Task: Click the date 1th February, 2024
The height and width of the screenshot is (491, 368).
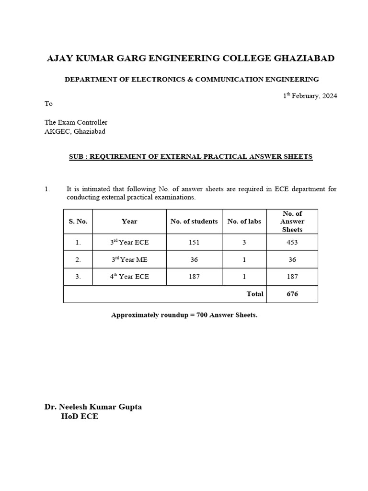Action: click(310, 96)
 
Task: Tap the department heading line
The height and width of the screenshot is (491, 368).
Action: click(192, 79)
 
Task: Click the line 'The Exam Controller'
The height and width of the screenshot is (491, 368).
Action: click(76, 122)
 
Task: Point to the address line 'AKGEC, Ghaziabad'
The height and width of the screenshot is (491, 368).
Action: click(75, 131)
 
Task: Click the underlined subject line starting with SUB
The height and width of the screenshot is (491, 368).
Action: click(191, 157)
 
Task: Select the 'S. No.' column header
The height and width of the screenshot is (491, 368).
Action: click(78, 222)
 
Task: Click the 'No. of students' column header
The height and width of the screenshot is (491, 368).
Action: click(194, 222)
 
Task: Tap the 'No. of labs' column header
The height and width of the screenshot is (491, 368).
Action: click(244, 222)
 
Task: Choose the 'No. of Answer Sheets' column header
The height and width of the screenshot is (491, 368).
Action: click(292, 222)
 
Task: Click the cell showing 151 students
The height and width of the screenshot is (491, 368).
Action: click(194, 243)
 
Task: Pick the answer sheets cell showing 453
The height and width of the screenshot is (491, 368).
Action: click(292, 243)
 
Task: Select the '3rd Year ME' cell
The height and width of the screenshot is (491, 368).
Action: click(129, 259)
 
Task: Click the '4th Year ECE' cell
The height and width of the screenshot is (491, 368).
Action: click(129, 277)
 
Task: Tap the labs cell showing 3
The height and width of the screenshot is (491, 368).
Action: click(244, 243)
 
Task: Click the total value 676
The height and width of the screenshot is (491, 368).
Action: click(292, 294)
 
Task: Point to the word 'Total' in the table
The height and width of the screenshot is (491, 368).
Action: click(255, 294)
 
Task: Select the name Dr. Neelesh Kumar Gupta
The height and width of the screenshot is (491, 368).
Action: click(93, 407)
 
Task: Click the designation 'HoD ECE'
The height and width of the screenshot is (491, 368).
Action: click(80, 417)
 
